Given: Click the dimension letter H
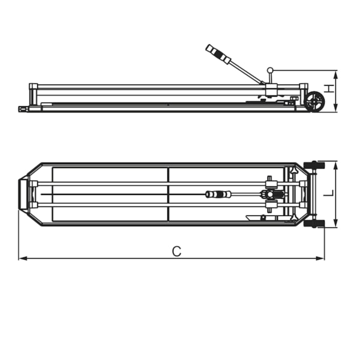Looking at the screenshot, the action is tap(330, 89).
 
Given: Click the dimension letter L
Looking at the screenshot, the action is tap(329, 193).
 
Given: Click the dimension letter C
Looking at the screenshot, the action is tap(176, 251).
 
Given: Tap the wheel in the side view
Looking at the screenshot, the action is tap(314, 101).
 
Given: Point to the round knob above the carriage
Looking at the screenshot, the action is tap(270, 70).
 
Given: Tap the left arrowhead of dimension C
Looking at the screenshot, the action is tap(23, 258).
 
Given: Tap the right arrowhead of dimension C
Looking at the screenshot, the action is tap(320, 258).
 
